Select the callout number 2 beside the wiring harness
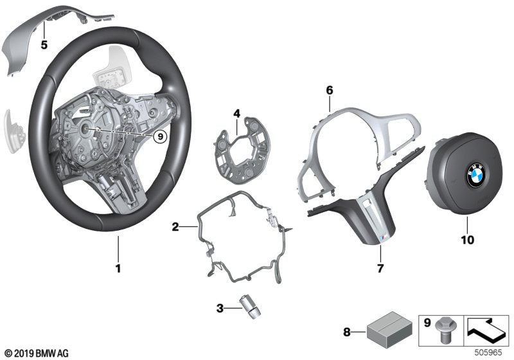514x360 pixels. click(x=174, y=226)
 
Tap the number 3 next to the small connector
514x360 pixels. click(x=220, y=309)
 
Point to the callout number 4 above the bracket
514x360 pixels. click(x=236, y=114)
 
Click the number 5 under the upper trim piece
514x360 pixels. click(x=44, y=44)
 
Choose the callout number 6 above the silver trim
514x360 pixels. click(x=328, y=91)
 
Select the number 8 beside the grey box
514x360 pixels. click(x=348, y=332)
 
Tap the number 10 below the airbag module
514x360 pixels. click(x=467, y=240)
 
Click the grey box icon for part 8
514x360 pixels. click(x=383, y=331)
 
